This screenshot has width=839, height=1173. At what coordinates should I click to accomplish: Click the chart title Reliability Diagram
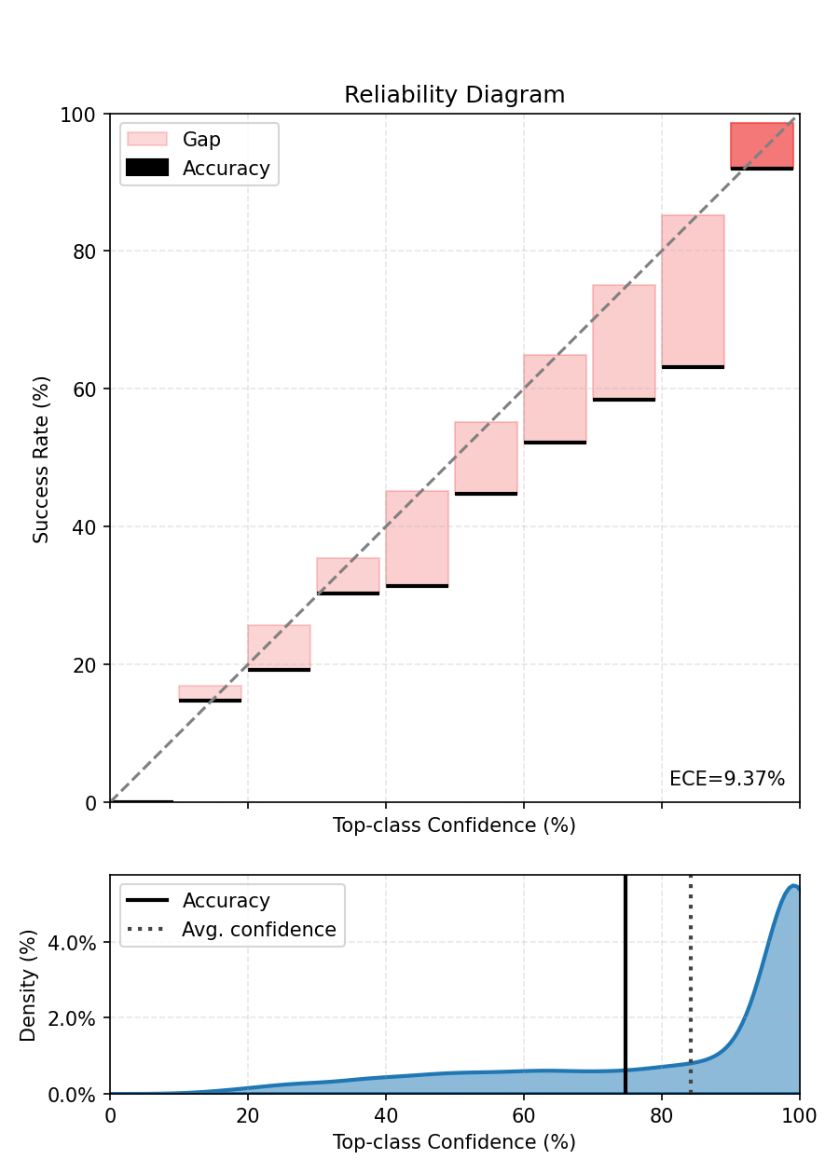click(x=454, y=95)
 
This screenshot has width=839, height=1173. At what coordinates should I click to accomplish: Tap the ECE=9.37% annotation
click(x=727, y=779)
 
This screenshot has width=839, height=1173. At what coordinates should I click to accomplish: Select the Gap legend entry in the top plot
click(x=201, y=140)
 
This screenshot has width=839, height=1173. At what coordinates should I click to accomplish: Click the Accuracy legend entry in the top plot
click(x=226, y=169)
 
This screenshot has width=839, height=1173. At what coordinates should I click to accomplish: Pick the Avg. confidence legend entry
click(x=258, y=930)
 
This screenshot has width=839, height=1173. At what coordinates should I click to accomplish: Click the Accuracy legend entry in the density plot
click(x=226, y=901)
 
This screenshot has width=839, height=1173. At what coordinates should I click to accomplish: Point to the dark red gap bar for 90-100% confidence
click(x=762, y=144)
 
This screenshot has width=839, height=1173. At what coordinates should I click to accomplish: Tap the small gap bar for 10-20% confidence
click(x=210, y=692)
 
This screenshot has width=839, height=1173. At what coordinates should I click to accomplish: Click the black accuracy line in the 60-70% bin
click(x=555, y=443)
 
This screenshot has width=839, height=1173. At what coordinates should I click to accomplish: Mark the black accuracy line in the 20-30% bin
click(x=279, y=670)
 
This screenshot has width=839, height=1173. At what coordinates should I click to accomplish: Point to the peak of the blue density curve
click(x=792, y=886)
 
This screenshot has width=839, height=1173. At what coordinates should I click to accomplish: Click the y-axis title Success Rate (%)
click(x=41, y=459)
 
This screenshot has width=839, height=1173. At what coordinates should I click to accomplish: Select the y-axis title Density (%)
click(x=28, y=985)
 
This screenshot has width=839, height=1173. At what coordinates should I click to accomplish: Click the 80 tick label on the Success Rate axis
click(x=86, y=252)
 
